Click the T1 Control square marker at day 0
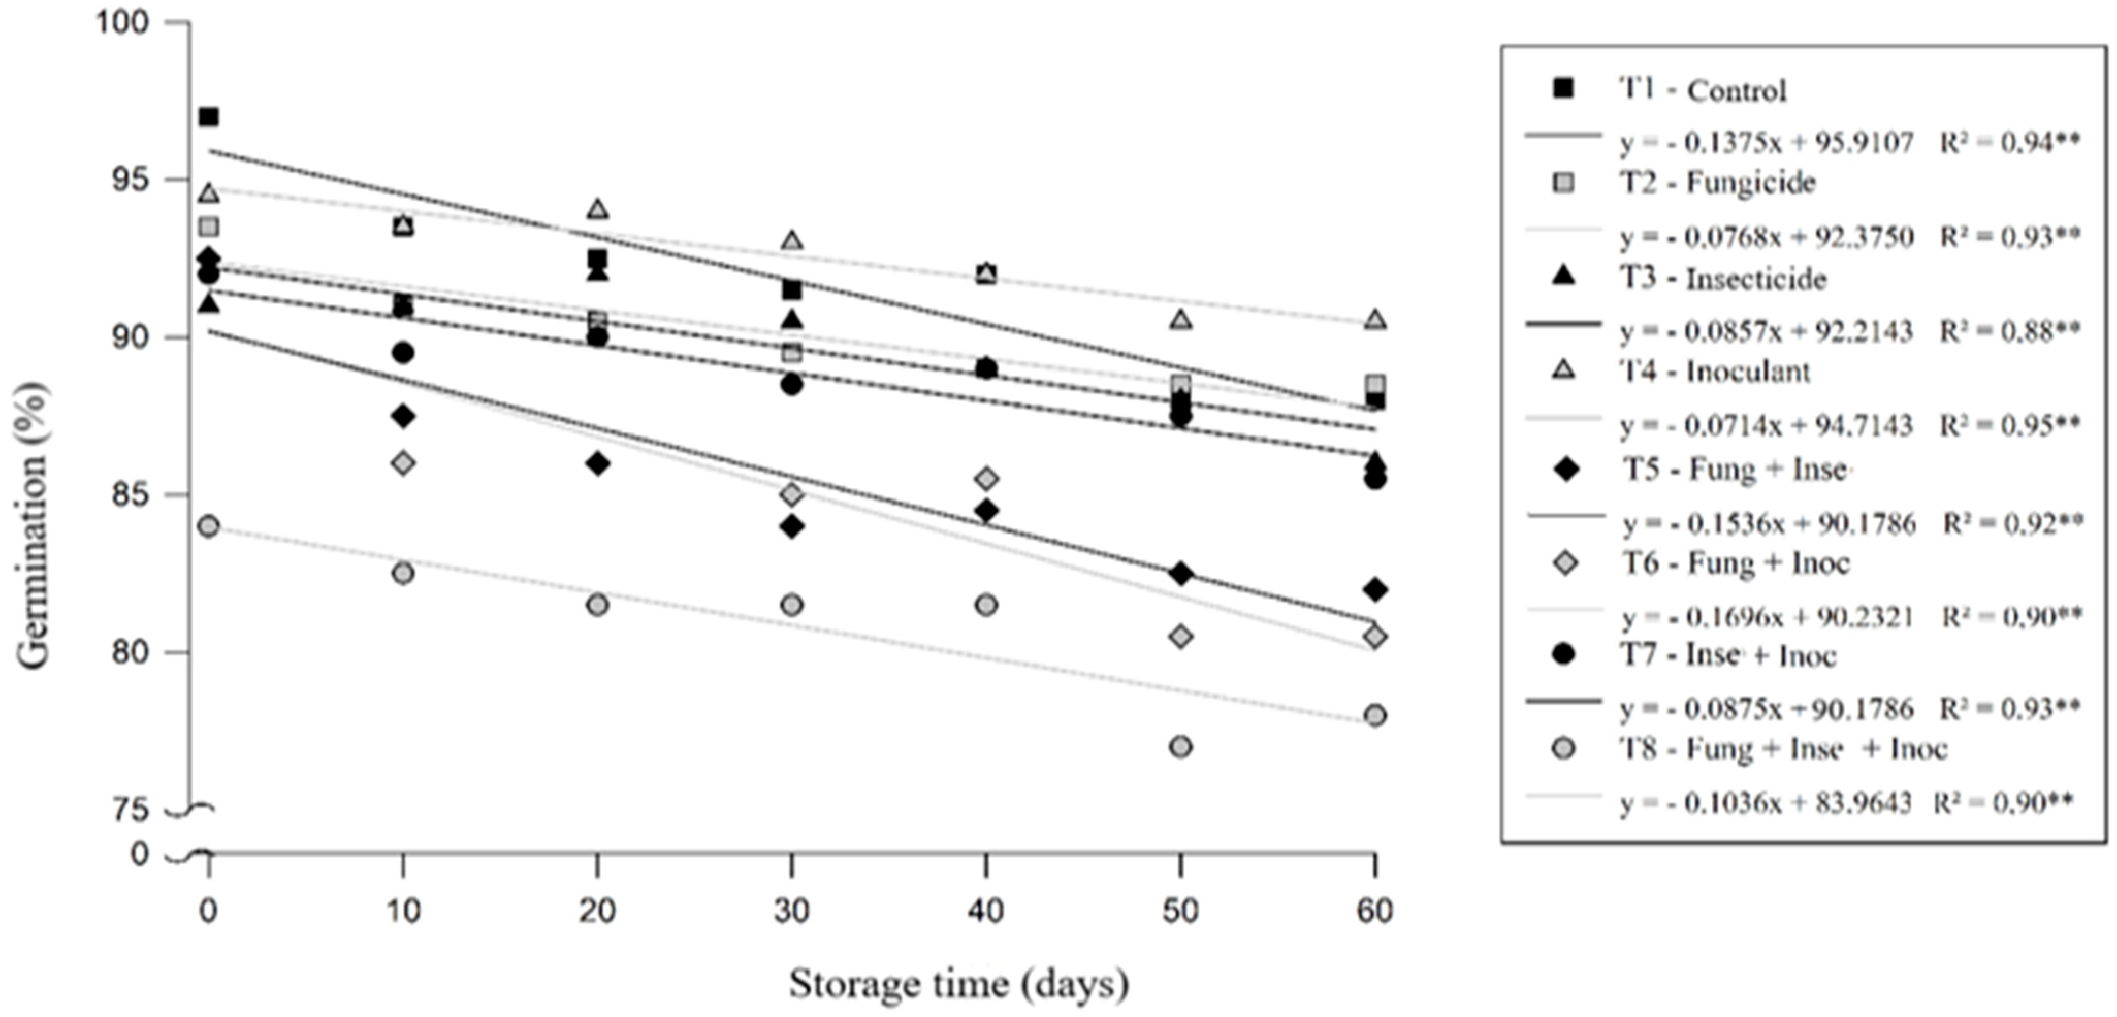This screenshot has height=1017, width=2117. [x=209, y=117]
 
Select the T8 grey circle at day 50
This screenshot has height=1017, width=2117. [x=1180, y=747]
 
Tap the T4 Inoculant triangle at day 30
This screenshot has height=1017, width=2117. [x=791, y=240]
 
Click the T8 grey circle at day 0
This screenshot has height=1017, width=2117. [x=209, y=526]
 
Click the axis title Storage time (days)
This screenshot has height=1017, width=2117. [x=958, y=984]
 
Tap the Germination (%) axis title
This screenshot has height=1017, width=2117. [x=33, y=526]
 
